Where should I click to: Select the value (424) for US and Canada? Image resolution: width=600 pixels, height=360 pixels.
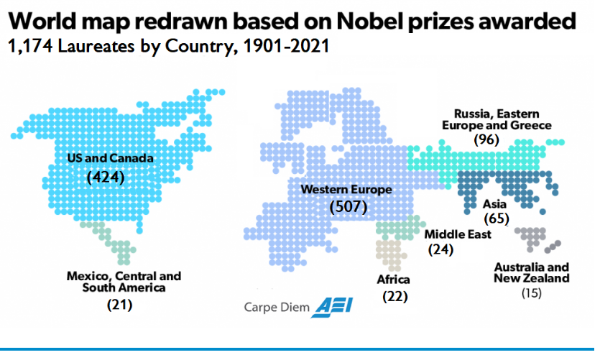[106, 176]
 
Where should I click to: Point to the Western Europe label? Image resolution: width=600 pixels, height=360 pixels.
[346, 190]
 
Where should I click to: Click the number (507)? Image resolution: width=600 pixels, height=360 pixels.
[348, 208]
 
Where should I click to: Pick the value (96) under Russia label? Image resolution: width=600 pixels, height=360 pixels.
[486, 139]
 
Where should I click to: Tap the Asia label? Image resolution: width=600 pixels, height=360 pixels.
[495, 204]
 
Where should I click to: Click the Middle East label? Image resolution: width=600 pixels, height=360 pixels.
[458, 234]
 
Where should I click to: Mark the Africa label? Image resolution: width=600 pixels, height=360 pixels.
[393, 280]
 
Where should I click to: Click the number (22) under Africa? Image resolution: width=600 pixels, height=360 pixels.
[394, 297]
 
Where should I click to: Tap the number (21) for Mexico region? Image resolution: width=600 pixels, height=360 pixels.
[119, 304]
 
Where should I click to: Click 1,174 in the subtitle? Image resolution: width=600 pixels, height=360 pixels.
[29, 49]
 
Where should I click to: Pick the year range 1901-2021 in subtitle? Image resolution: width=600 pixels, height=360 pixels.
[283, 49]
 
